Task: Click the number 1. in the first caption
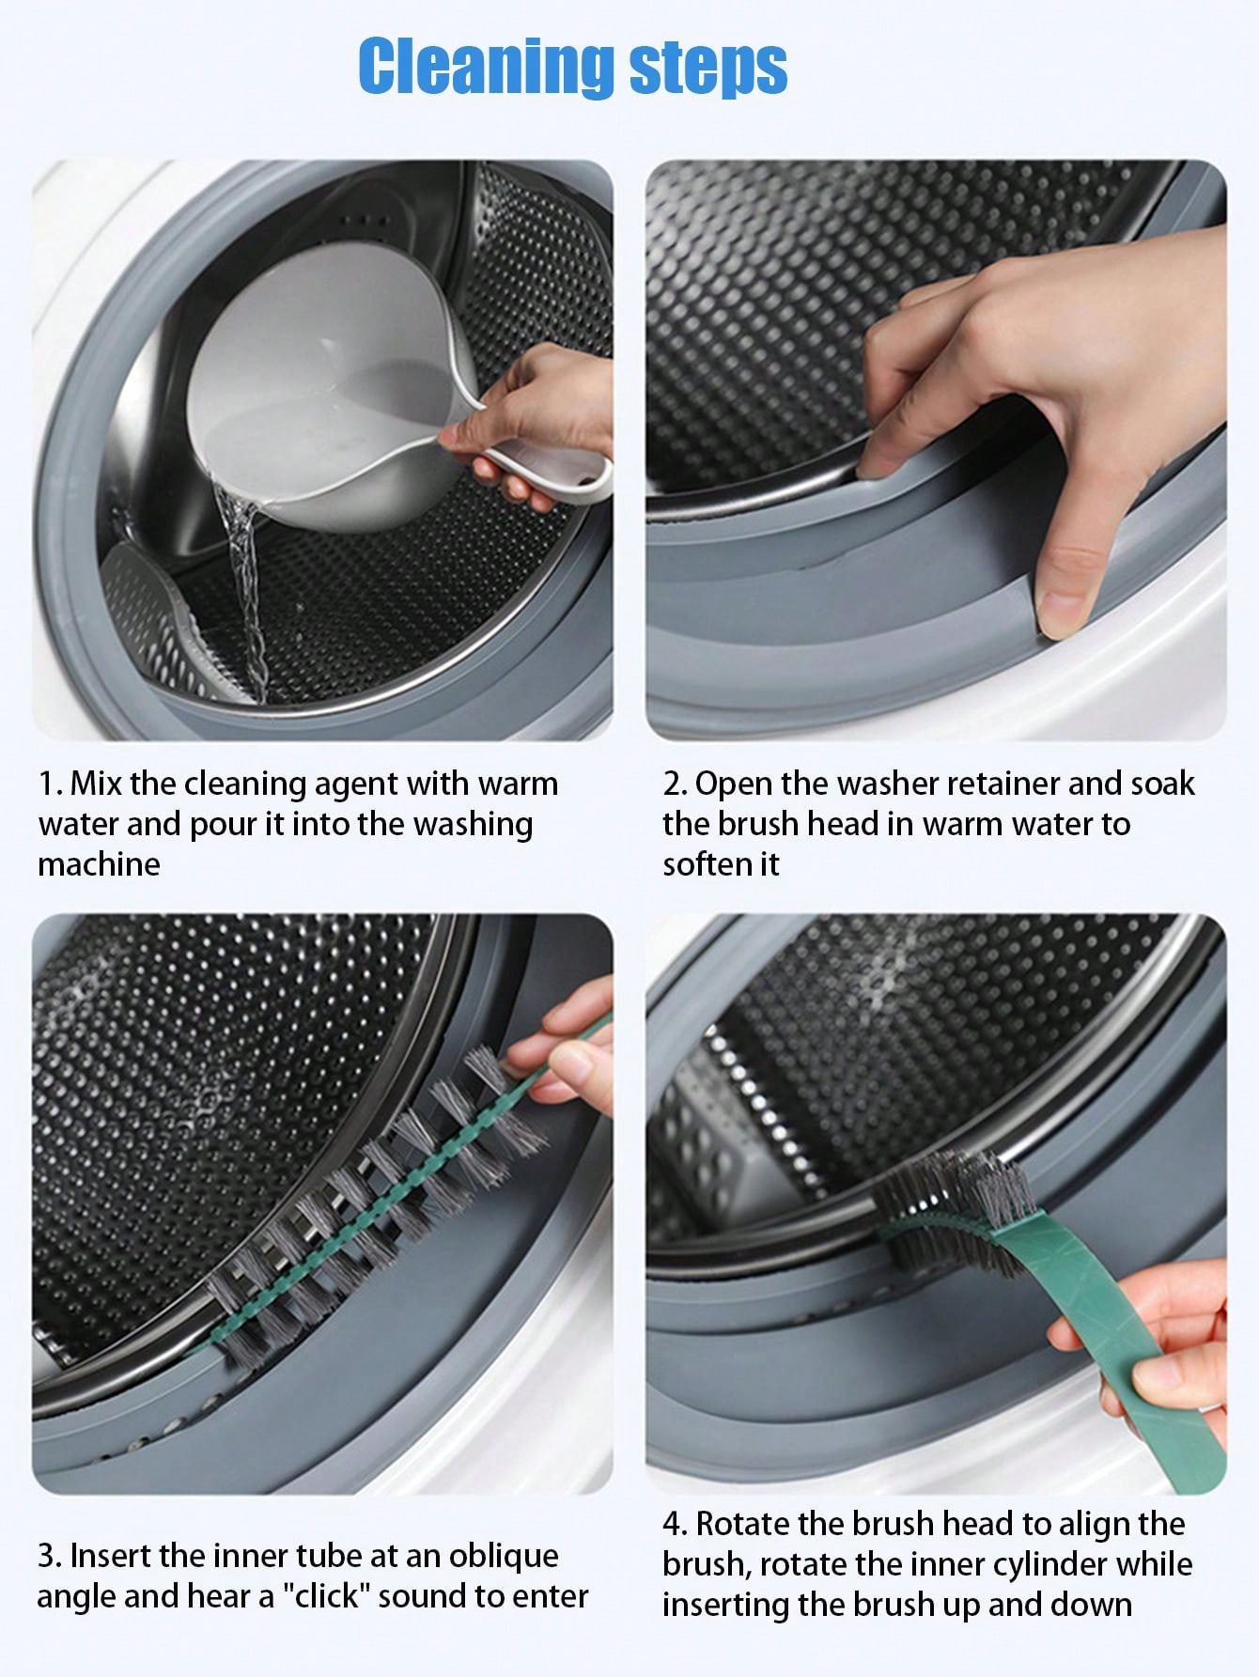coord(51,784)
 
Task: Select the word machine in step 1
coord(99,864)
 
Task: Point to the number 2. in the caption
coord(675,784)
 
